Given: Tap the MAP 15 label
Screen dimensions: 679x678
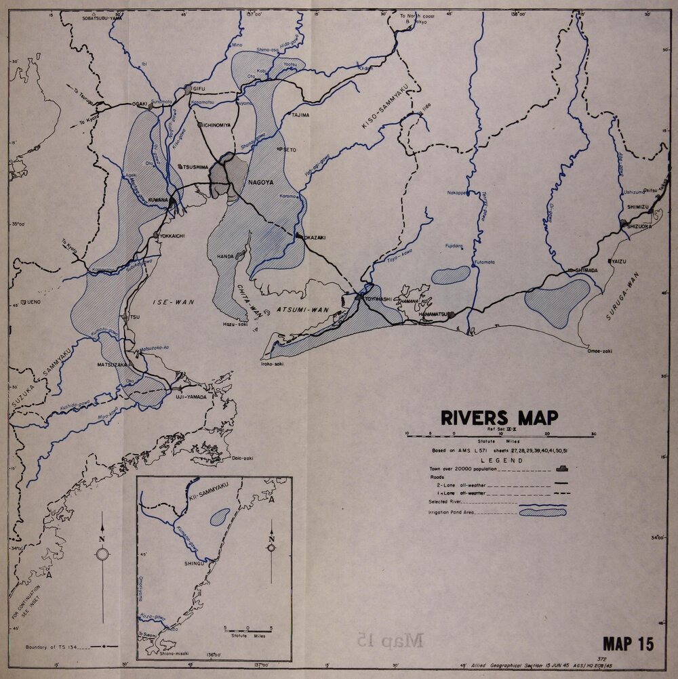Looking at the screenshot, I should click(629, 644).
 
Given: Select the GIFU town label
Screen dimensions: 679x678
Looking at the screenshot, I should click(199, 89).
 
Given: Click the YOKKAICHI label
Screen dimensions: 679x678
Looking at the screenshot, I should click(172, 235).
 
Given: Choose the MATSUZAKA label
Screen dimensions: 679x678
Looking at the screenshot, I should click(107, 365).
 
